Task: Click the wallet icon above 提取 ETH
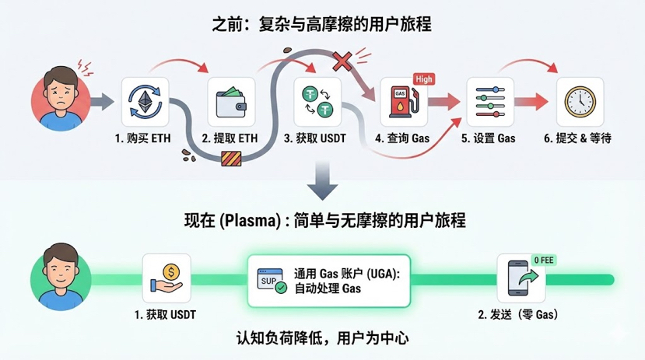(230, 102)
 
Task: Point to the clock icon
(579, 102)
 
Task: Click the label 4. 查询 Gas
(401, 138)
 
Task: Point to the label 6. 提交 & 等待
(578, 138)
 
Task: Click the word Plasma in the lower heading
(247, 221)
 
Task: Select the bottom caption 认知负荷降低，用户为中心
(321, 338)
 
